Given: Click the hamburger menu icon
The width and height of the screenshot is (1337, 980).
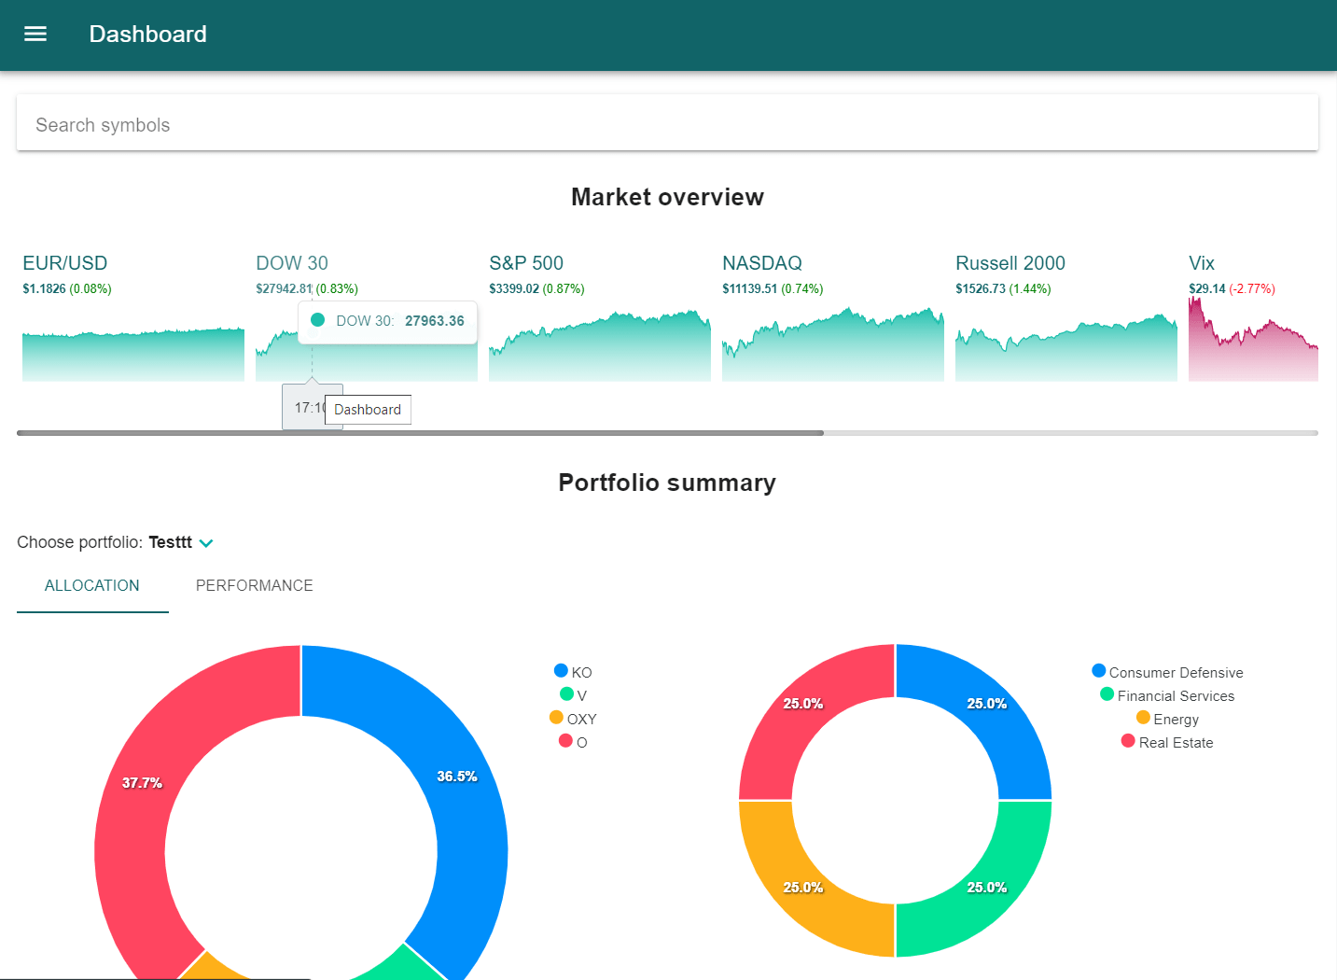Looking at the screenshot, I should point(35,35).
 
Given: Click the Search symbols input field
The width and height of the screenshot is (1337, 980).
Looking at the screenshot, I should point(667,125).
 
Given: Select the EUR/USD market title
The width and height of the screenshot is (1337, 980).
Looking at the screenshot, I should point(65,263).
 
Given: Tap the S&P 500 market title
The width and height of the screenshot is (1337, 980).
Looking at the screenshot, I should point(526,263).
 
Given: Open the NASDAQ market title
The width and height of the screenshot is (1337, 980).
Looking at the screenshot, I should point(762,263).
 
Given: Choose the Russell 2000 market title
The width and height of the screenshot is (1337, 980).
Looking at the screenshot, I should point(1010,263).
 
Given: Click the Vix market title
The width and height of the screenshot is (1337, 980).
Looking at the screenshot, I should point(1202,263).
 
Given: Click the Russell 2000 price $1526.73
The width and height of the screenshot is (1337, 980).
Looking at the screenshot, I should point(981,289).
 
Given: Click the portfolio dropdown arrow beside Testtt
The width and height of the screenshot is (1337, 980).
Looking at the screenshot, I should point(206,543).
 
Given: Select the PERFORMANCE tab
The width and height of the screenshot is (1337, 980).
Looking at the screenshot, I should point(254,586).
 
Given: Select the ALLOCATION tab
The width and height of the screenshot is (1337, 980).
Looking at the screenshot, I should point(92,586).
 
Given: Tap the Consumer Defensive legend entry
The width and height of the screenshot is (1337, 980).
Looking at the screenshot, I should point(1167,673).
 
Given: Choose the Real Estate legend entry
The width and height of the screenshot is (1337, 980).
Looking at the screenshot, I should point(1167,743).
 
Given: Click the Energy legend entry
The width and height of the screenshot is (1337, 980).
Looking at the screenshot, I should point(1167,720).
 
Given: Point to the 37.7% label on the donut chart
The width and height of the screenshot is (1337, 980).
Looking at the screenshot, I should point(142,783).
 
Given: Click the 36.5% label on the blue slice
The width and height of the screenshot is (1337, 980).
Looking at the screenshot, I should point(457,777).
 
